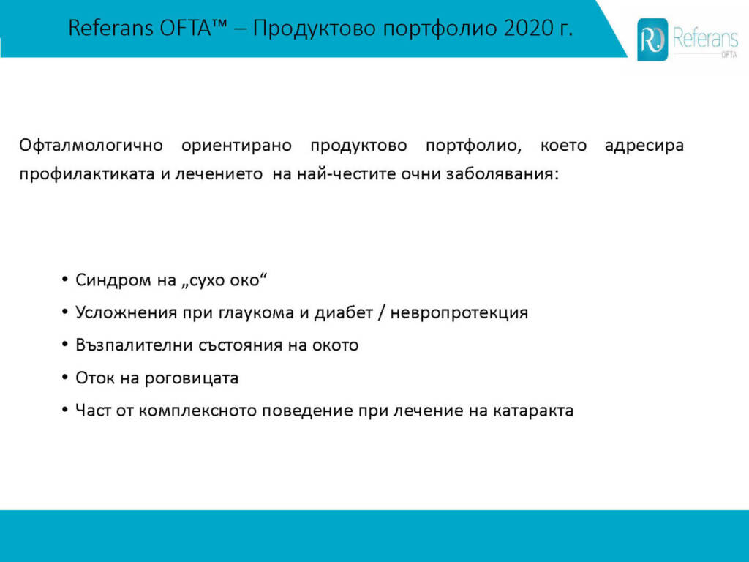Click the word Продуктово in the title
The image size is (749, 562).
coord(315,29)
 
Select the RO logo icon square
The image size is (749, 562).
coord(652,40)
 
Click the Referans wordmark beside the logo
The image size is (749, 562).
coord(705,38)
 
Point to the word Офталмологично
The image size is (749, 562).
coord(91,146)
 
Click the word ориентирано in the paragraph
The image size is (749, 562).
coord(236,146)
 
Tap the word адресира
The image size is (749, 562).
coord(644,146)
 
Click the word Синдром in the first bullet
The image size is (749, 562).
coord(113,280)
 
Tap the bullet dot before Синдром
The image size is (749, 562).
coord(65,280)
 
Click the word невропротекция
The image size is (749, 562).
coord(459,313)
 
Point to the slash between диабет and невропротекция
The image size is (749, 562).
coord(380,313)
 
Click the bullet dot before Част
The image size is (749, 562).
coord(65,410)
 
